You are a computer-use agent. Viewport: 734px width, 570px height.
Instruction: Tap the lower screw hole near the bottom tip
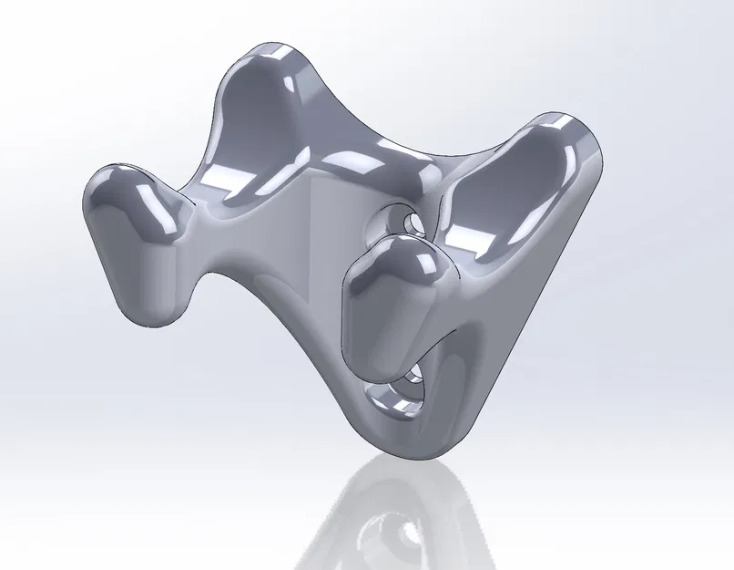click(412, 387)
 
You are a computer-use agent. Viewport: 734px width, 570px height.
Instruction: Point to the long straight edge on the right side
click(528, 301)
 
